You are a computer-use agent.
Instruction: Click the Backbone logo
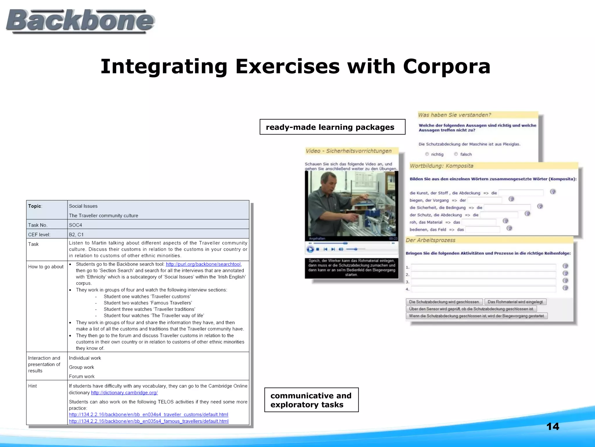(x=80, y=21)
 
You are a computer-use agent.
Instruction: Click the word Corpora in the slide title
(x=447, y=66)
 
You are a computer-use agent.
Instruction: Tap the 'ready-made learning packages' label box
(x=332, y=127)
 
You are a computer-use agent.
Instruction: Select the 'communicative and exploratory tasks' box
(x=311, y=400)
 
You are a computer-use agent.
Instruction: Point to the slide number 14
(x=552, y=426)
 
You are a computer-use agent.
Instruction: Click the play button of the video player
(x=310, y=249)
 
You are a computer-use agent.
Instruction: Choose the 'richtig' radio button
(x=427, y=154)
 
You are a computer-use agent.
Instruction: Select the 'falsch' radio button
(x=456, y=154)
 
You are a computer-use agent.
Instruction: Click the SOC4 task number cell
(x=76, y=225)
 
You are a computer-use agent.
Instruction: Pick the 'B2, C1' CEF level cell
(x=76, y=235)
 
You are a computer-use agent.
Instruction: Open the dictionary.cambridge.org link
(x=124, y=393)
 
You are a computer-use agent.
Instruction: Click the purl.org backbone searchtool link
(x=203, y=264)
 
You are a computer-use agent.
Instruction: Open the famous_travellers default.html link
(x=148, y=421)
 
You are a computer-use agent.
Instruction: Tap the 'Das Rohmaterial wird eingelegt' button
(x=515, y=302)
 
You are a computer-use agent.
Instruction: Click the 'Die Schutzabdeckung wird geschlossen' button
(x=444, y=302)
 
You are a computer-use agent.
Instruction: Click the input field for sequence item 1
(x=483, y=267)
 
